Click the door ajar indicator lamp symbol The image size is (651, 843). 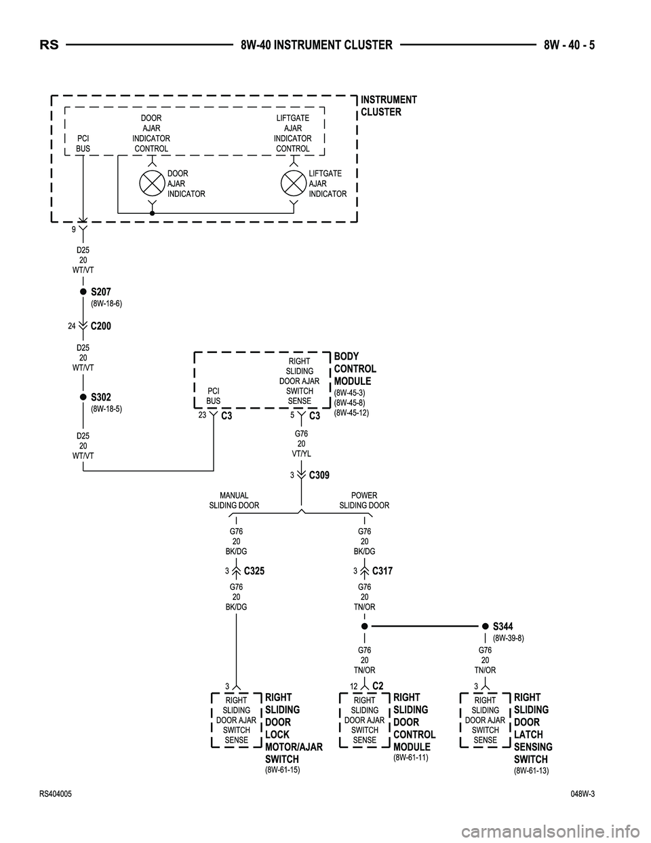152,183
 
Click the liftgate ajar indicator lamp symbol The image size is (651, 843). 294,183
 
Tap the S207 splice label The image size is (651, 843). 100,292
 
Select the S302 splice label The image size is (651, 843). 100,397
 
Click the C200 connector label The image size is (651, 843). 100,326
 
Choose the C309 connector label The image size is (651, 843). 319,475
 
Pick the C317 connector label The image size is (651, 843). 382,572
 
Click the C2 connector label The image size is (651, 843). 378,686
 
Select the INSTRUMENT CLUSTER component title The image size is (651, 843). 389,106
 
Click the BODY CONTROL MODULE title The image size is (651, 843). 355,369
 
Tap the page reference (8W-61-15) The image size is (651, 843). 282,770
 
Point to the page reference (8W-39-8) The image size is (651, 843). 508,638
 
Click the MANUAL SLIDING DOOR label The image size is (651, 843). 234,500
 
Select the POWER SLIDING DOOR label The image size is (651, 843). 364,500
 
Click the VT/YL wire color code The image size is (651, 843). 301,453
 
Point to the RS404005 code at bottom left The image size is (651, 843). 56,793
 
